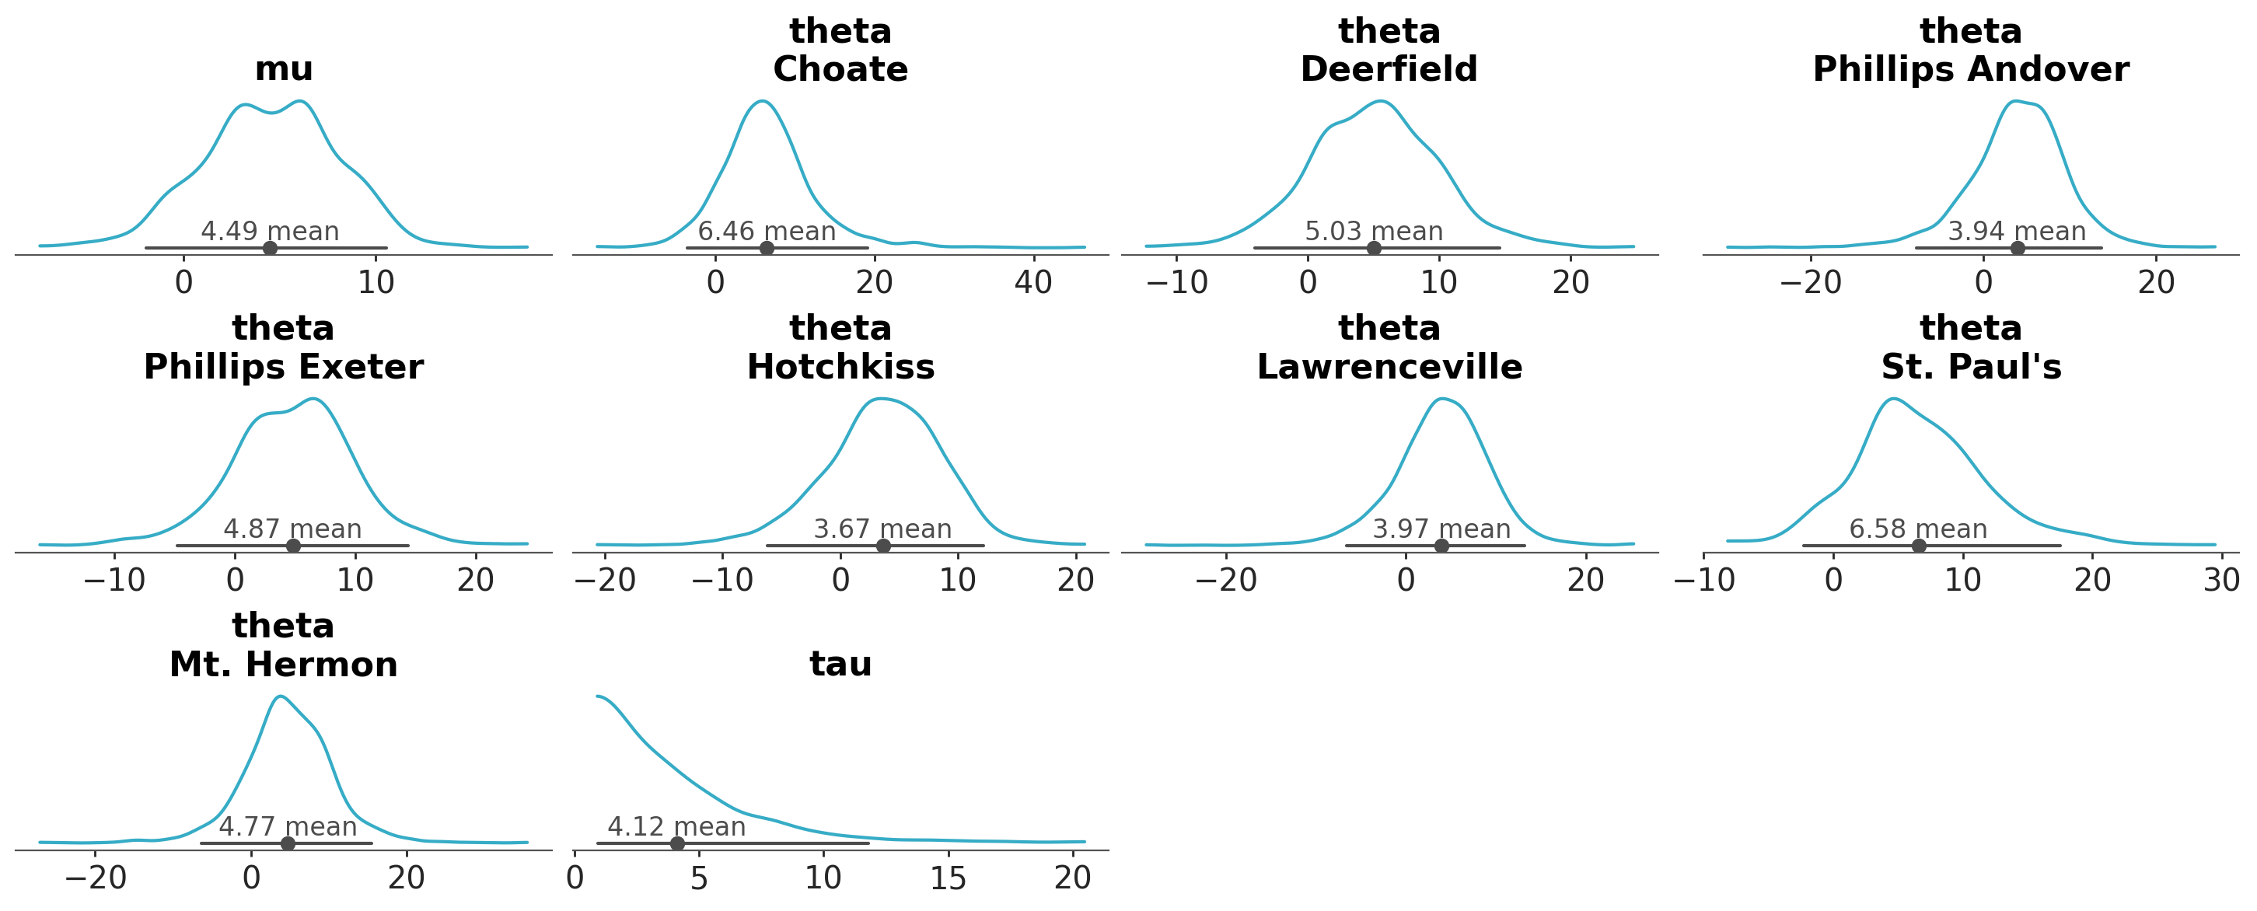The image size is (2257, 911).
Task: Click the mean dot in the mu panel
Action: click(270, 248)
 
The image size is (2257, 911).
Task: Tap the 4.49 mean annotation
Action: click(270, 232)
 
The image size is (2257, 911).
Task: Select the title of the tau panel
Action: click(840, 664)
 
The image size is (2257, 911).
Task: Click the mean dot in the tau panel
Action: click(676, 843)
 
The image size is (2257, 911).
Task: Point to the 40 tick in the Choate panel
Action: click(1033, 283)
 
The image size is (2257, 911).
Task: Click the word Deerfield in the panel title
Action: click(1389, 69)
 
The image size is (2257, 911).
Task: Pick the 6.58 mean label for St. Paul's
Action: click(1918, 529)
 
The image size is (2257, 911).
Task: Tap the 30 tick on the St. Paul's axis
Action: click(2221, 580)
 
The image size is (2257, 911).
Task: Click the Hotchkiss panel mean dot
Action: click(883, 546)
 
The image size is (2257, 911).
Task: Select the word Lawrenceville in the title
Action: click(1389, 367)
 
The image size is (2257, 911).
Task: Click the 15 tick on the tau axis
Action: click(948, 878)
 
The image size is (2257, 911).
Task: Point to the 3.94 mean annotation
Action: click(2016, 232)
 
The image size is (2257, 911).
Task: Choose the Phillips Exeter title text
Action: click(283, 367)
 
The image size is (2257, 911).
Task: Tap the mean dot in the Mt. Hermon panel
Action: click(288, 843)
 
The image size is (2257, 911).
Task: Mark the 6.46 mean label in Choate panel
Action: click(767, 232)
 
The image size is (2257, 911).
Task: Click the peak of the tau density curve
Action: click(599, 696)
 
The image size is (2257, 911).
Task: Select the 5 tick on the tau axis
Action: click(698, 878)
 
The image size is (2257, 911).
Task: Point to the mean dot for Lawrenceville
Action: click(1441, 546)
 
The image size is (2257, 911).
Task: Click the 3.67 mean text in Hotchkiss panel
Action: click(882, 529)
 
